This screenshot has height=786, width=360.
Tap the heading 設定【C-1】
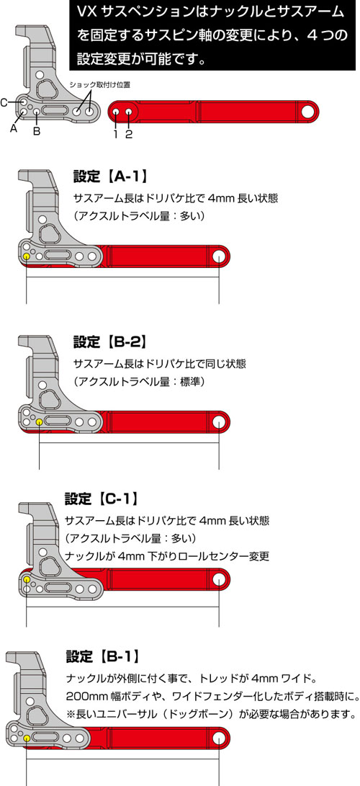101,499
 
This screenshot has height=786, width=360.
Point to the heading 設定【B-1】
102,656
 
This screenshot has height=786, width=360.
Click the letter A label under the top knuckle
13,128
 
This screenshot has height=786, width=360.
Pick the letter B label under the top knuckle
37,131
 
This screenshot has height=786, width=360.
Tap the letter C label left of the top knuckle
4,103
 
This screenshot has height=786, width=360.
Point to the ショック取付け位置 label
99,84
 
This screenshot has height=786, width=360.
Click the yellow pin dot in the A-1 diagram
27,256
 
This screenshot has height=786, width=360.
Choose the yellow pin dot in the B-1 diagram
27,738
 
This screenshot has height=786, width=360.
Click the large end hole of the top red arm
308,112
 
